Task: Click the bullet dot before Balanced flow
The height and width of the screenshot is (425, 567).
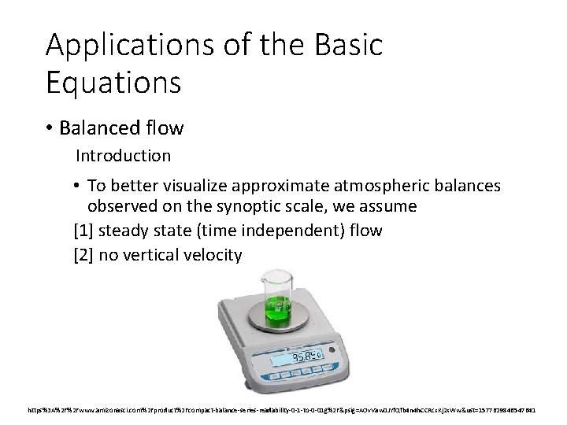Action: click(52, 128)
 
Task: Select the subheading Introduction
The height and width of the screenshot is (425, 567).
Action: click(123, 156)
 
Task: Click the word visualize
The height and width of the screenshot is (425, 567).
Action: click(206, 186)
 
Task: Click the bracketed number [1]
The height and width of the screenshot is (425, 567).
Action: click(83, 231)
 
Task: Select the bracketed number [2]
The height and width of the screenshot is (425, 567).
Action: click(83, 254)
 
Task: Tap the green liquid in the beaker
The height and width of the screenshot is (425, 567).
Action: click(279, 312)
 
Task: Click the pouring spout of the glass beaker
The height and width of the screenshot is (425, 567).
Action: click(263, 276)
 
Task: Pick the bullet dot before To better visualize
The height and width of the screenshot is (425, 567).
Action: click(77, 186)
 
